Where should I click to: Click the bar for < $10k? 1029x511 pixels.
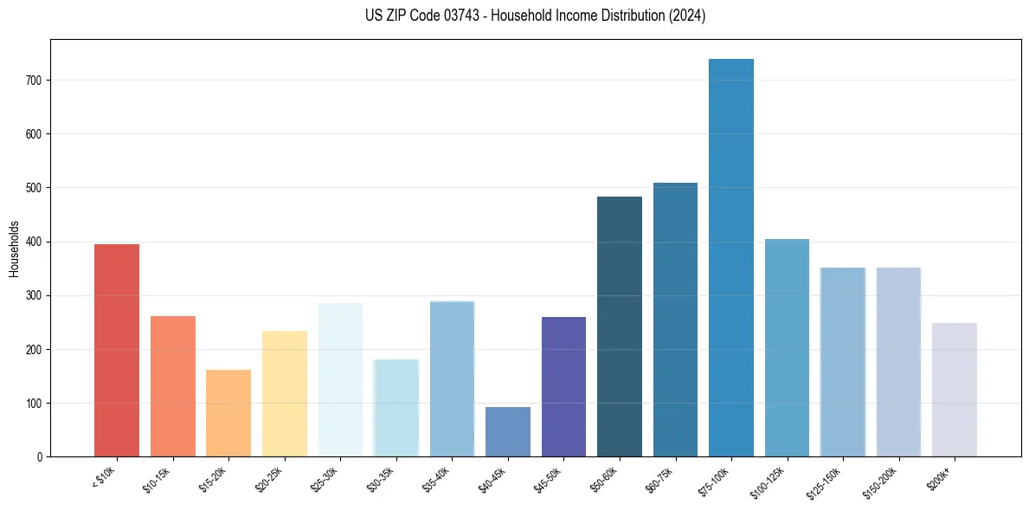117,351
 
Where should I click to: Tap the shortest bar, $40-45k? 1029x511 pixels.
508,431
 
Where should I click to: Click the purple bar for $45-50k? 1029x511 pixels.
563,386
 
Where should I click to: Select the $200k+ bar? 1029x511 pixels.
955,390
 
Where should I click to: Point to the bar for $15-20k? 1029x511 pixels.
228,413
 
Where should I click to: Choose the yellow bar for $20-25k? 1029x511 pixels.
285,393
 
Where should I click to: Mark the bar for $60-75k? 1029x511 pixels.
675,320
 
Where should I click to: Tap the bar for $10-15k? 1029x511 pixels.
173,386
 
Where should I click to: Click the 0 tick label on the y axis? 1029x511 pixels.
40,457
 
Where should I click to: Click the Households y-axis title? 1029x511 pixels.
15,249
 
